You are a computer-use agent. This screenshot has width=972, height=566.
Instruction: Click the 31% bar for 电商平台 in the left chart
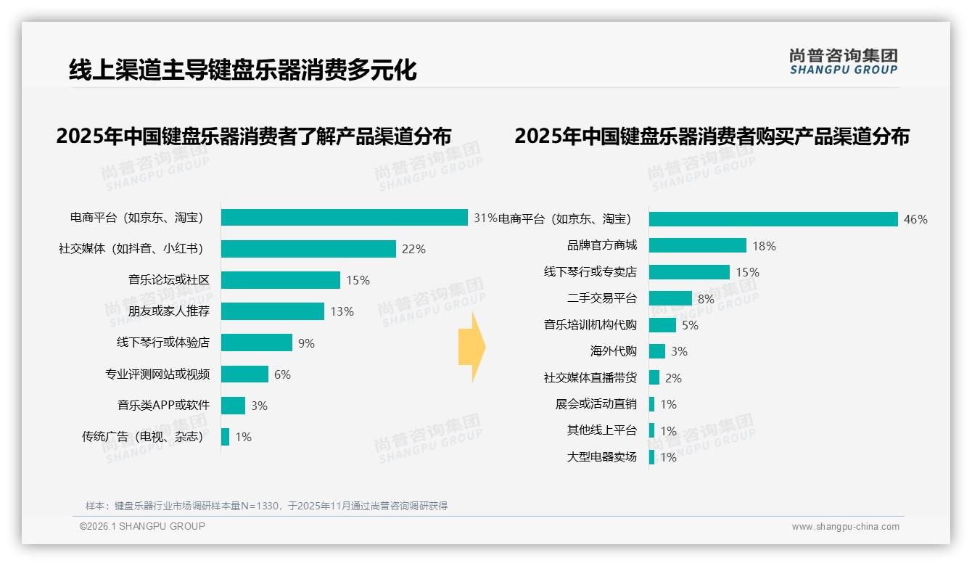click(344, 217)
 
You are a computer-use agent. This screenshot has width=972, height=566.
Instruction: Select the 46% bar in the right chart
click(773, 219)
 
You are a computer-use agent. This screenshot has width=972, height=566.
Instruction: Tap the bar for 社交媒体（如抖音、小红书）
click(308, 249)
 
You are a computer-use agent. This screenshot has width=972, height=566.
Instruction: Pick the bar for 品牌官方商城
click(697, 245)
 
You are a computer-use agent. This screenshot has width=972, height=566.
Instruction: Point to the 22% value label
click(413, 249)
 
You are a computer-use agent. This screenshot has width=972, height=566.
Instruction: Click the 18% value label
click(764, 246)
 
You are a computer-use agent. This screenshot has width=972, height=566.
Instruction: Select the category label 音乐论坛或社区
click(169, 280)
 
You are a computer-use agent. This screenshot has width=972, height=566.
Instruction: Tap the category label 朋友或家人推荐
click(169, 311)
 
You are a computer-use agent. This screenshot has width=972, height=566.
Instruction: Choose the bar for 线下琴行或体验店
click(256, 343)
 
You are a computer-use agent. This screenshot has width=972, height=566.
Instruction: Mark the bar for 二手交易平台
click(670, 298)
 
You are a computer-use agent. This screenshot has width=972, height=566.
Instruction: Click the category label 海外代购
click(613, 351)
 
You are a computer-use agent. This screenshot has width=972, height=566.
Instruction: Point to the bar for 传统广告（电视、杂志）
click(225, 437)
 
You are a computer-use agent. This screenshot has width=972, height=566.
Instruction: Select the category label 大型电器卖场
click(601, 457)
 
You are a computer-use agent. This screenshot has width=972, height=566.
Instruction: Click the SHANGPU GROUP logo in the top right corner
click(843, 62)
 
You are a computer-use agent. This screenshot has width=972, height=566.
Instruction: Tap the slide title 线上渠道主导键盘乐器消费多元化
click(242, 70)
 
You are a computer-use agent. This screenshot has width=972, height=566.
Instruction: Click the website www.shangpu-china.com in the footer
click(845, 527)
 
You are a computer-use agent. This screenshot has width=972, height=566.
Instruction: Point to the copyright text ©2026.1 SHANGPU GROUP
click(142, 526)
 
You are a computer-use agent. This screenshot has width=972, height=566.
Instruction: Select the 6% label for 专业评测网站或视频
click(282, 374)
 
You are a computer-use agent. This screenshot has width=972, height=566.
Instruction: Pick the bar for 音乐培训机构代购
click(662, 325)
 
